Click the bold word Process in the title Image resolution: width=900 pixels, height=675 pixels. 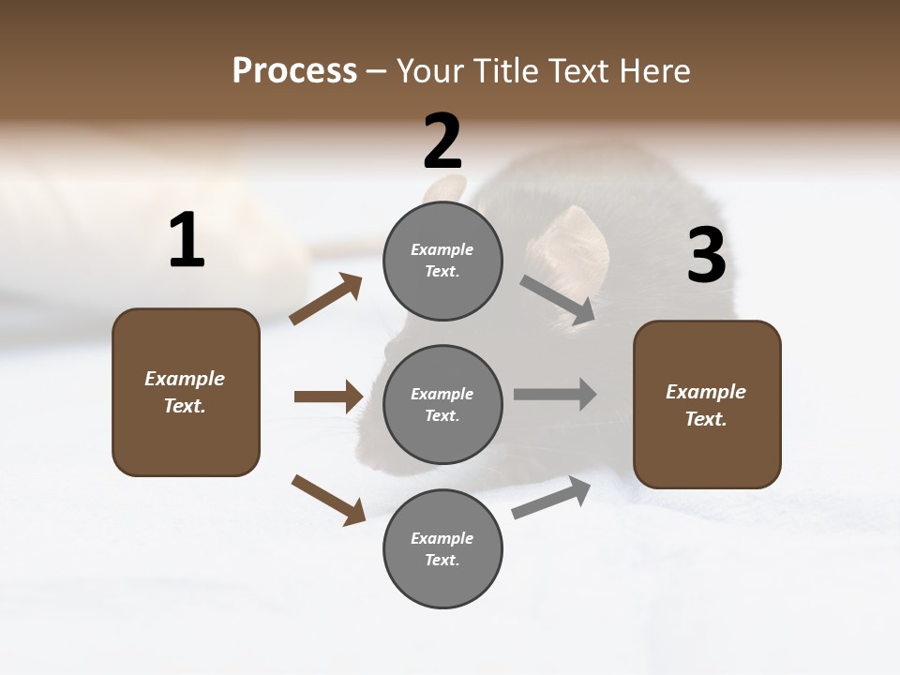click(294, 70)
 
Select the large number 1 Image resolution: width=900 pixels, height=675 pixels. click(187, 240)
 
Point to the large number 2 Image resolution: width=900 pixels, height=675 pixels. click(442, 142)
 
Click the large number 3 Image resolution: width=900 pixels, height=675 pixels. click(706, 256)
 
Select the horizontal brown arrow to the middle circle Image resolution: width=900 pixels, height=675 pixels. click(328, 397)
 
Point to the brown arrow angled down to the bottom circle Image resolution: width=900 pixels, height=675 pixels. click(328, 500)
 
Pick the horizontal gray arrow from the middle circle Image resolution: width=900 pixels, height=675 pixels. click(555, 394)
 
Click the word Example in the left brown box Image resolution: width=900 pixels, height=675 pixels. click(185, 379)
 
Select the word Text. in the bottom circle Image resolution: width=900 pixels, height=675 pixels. click(442, 560)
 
